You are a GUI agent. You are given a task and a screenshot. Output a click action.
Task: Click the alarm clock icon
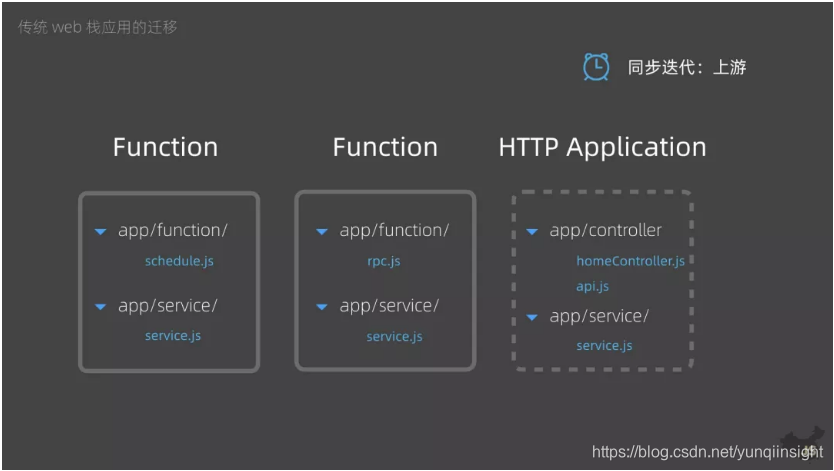coord(596,67)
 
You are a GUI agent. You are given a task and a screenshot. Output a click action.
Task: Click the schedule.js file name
coord(179,261)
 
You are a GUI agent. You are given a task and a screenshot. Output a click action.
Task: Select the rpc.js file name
coord(383,261)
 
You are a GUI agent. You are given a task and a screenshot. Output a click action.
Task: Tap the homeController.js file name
coord(630,261)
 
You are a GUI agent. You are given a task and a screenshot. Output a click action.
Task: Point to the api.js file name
coord(592,286)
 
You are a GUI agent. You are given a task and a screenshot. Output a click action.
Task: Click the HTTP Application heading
coord(602,147)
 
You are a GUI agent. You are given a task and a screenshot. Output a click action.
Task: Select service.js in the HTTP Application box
coord(604,345)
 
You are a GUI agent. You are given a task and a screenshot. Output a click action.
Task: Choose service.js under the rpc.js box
coord(394,336)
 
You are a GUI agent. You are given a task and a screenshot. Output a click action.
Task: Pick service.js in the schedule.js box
coord(173,335)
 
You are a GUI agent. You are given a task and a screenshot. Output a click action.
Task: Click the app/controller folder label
coord(605,231)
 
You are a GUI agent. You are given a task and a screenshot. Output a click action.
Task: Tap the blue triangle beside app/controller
coord(533,232)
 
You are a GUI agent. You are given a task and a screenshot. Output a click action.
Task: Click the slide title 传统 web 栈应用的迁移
coord(97,27)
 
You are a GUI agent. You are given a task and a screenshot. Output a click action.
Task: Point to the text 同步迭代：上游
coord(687,68)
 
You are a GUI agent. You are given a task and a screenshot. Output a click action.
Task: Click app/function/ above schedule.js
coord(173,231)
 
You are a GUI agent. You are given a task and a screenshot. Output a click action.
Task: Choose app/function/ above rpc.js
coord(394,231)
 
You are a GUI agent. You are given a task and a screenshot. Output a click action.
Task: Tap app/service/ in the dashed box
coord(599,317)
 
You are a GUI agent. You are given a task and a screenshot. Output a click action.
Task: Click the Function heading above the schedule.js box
coord(165,147)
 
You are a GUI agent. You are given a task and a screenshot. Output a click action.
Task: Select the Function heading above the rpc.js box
coord(385,147)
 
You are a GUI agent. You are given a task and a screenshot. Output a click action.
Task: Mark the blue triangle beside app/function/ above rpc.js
coord(322,232)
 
